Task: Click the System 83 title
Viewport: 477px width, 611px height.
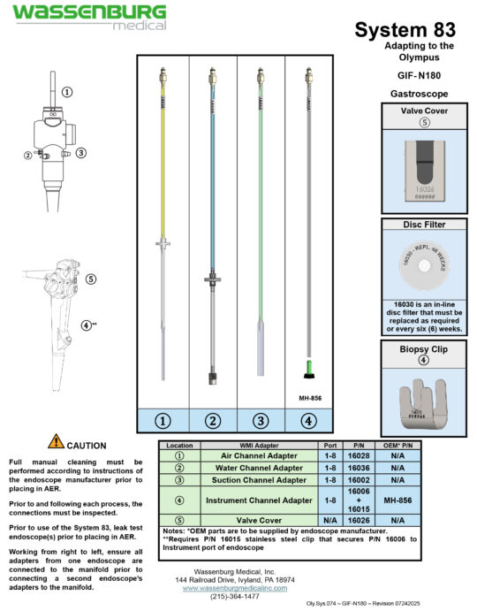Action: [x=405, y=30]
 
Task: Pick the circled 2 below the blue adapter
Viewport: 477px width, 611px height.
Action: [x=211, y=421]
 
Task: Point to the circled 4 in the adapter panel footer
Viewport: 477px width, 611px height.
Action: [x=309, y=421]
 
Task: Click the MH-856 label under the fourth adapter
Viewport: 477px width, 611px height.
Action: [x=309, y=398]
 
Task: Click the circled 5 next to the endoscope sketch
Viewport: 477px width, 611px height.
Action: [x=91, y=279]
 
